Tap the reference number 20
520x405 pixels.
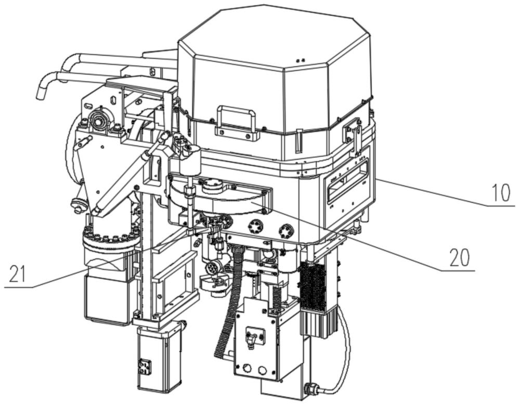click(460, 258)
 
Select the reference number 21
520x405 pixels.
click(17, 274)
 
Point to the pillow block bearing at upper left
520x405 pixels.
click(98, 122)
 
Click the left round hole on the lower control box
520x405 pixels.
click(247, 369)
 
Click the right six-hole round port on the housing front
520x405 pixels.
click(286, 229)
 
